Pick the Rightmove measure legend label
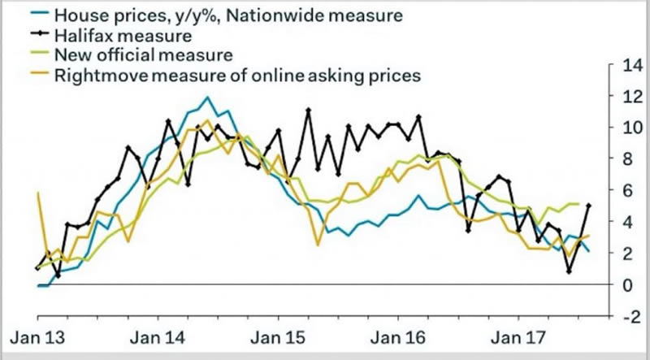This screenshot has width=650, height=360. coord(235,76)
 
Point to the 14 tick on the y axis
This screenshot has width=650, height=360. coord(628,66)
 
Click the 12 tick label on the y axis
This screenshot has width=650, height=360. coord(628,98)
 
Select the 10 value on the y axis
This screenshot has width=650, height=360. coord(628,128)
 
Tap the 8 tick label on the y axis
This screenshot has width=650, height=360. coord(624,160)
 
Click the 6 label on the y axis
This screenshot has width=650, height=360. coord(624,191)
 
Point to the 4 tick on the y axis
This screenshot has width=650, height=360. coord(624,223)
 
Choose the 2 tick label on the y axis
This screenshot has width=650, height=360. coord(624,254)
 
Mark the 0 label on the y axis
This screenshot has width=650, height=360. coord(624,285)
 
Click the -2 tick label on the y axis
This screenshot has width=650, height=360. coord(626,316)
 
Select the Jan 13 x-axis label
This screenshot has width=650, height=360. coord(37,336)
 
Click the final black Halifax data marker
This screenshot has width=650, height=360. coord(587,206)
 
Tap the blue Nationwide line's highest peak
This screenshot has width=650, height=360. coord(208,98)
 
